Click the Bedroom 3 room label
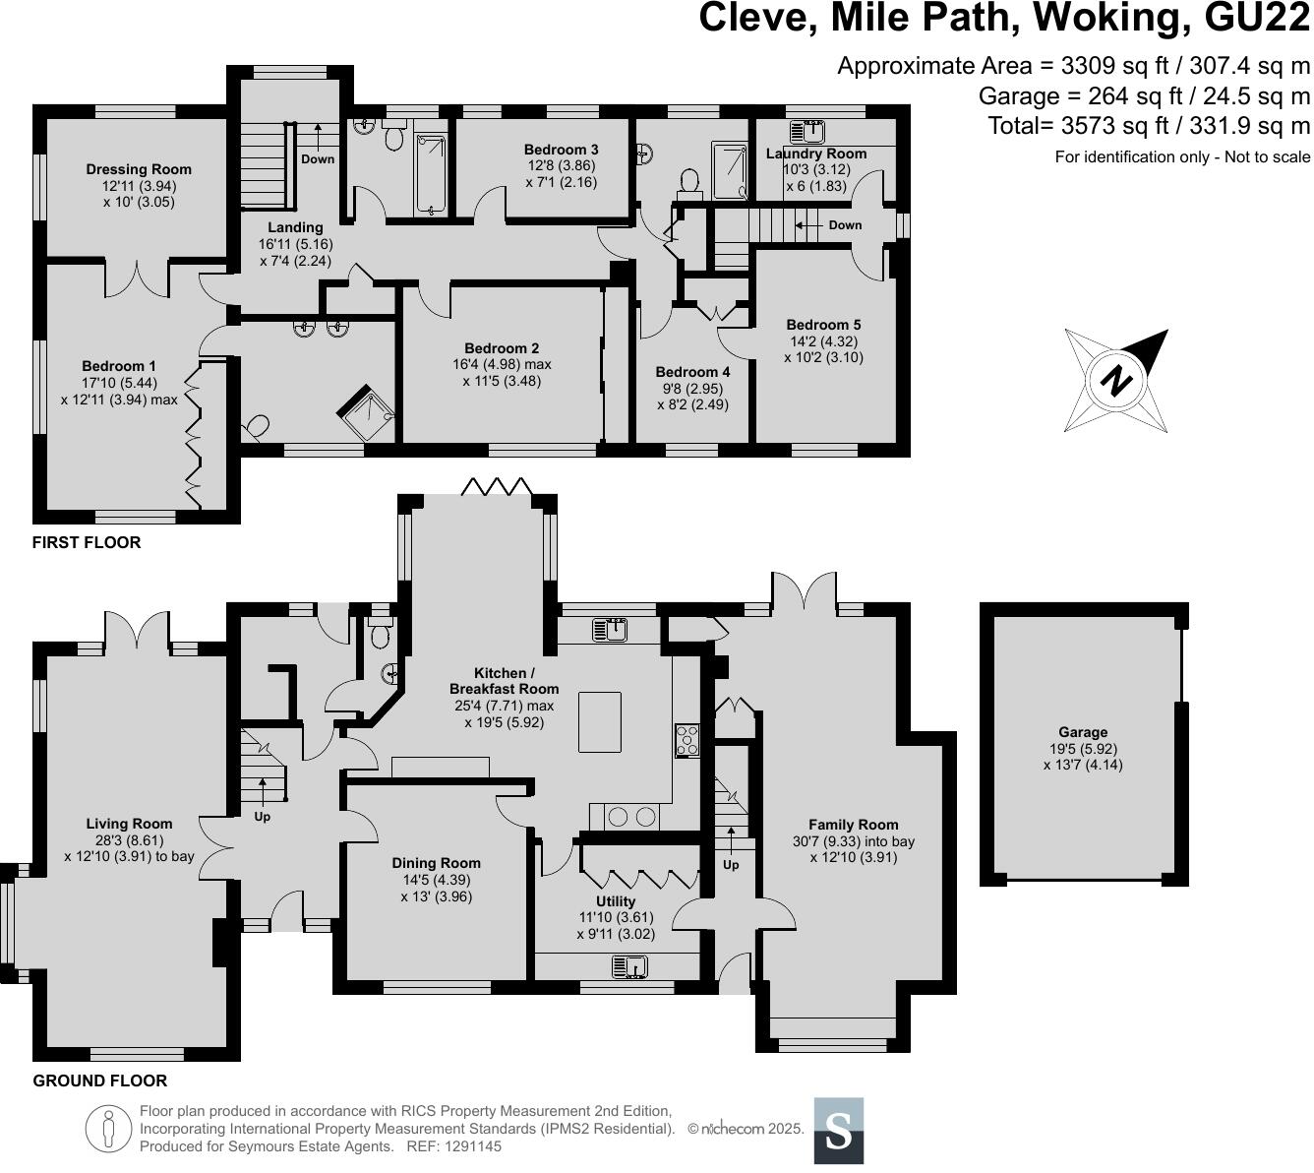tap(561, 150)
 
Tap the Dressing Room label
tap(139, 169)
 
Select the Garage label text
tap(1083, 731)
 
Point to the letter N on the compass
tap(1116, 381)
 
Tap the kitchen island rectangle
tap(599, 722)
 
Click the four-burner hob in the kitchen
tap(687, 741)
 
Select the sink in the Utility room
tap(629, 967)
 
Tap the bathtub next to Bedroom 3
tap(430, 174)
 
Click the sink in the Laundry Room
tap(807, 131)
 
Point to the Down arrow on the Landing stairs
tap(318, 137)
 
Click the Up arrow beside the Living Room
tap(262, 792)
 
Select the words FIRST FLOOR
tap(87, 542)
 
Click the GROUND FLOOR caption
tap(100, 1080)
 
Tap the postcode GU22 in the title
tap(1257, 18)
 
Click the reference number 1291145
tap(473, 1146)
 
